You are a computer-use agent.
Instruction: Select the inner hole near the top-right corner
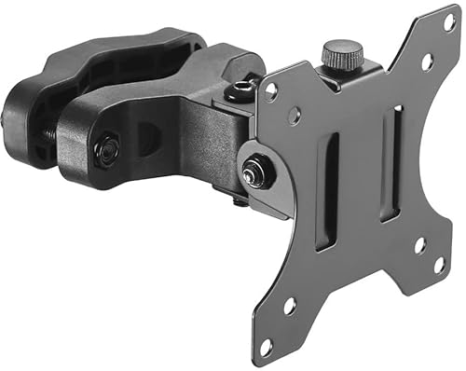point(427,62)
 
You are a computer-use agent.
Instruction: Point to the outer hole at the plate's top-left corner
point(271,91)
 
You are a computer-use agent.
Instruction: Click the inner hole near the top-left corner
point(294,116)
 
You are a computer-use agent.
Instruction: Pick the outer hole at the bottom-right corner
point(438,265)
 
